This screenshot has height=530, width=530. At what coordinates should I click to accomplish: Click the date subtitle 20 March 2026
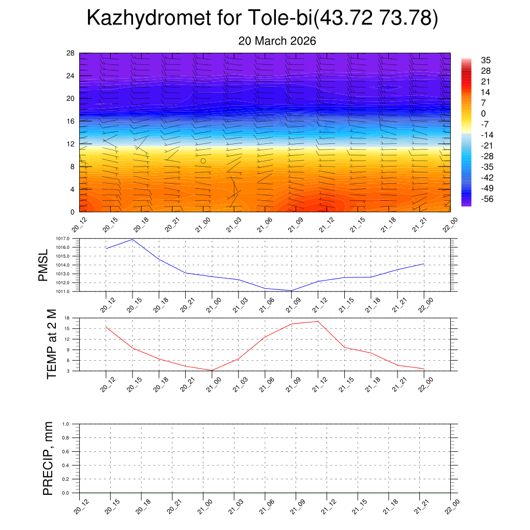click(x=277, y=41)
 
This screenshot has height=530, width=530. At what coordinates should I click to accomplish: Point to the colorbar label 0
click(x=483, y=114)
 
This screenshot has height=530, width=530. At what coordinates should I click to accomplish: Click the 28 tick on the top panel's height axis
click(x=71, y=53)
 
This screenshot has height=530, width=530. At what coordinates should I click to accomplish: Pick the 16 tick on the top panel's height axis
click(x=71, y=121)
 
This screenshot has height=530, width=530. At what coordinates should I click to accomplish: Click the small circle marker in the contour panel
click(x=203, y=160)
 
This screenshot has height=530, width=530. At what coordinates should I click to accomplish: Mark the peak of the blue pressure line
click(x=133, y=239)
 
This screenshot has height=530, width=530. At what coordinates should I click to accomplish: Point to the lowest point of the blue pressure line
click(x=291, y=290)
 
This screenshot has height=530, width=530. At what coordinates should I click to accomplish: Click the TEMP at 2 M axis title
click(x=51, y=344)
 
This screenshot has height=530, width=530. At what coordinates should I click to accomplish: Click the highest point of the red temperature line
click(x=318, y=321)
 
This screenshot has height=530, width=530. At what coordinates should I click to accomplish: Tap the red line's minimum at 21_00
click(x=212, y=370)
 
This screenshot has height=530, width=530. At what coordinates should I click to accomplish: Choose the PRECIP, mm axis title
click(x=48, y=458)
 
